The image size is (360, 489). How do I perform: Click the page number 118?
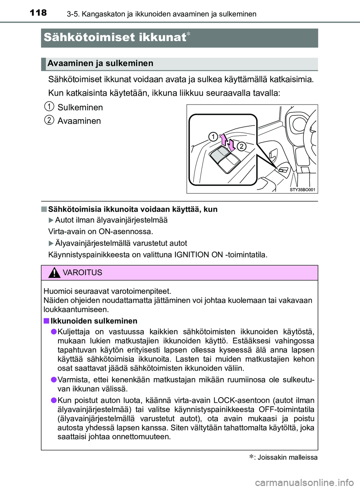point(38,13)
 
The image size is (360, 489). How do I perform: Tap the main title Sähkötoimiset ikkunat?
point(115,37)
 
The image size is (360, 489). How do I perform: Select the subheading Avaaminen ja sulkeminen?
point(100,63)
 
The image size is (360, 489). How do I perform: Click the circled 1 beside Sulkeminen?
point(49,106)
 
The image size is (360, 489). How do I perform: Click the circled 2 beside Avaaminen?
point(49,120)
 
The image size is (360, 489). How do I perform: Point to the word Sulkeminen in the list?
point(80,108)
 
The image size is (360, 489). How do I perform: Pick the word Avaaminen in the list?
point(79,121)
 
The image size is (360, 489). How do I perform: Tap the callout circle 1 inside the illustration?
point(213,136)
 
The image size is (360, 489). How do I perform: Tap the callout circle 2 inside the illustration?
point(241,146)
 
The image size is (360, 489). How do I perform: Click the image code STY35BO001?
point(302,190)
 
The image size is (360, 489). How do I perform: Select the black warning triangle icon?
point(54,273)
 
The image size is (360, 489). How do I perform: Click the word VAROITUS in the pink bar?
point(82,273)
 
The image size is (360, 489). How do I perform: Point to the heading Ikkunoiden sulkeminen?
point(94,321)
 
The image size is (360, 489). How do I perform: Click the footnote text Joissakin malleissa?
point(287,458)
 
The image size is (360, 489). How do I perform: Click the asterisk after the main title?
point(189,34)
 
